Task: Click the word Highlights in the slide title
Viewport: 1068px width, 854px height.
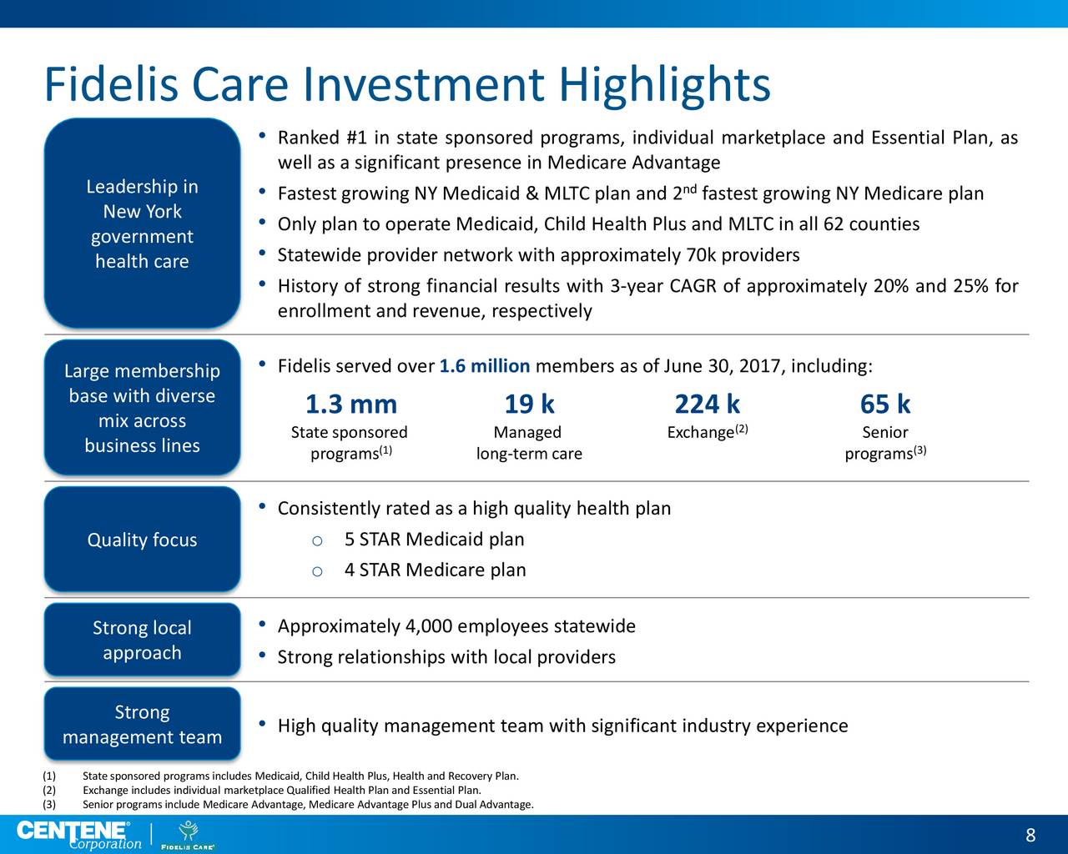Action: tap(663, 85)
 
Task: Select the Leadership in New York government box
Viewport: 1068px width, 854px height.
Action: tap(142, 224)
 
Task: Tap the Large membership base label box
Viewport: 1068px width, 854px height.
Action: tap(142, 408)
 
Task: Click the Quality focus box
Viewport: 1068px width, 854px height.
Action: tap(142, 540)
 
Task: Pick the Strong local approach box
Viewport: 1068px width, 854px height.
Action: tap(142, 640)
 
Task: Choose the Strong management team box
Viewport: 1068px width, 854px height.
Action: tap(142, 724)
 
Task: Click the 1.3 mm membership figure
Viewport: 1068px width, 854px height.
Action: tap(350, 404)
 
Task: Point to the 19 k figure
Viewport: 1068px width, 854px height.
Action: tap(529, 404)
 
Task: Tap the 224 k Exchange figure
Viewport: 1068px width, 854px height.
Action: tap(707, 404)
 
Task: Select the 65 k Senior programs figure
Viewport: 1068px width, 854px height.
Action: tap(884, 404)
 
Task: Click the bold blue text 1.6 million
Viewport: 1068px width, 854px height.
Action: tap(484, 367)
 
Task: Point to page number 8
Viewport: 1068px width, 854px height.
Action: tap(1030, 836)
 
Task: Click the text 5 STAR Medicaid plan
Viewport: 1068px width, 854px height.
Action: tap(434, 540)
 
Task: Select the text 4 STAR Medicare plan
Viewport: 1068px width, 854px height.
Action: tap(435, 570)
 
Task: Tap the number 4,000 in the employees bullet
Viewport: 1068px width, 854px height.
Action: tap(428, 626)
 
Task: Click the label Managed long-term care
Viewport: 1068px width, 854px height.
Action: tap(528, 443)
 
